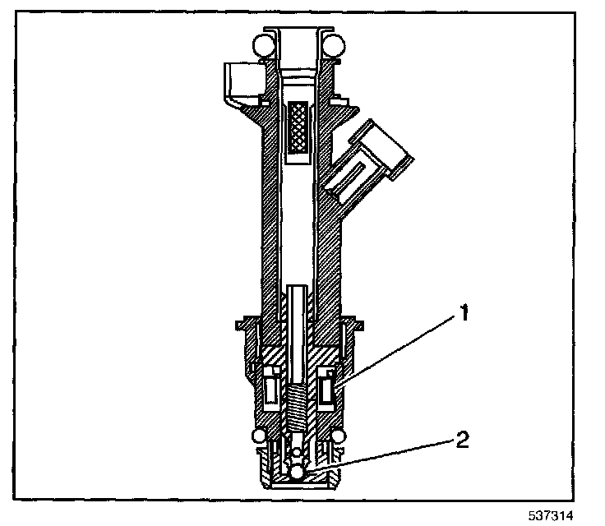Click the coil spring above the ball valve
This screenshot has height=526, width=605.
click(299, 407)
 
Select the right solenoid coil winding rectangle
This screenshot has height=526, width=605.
click(330, 387)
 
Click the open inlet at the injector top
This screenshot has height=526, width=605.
click(299, 37)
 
